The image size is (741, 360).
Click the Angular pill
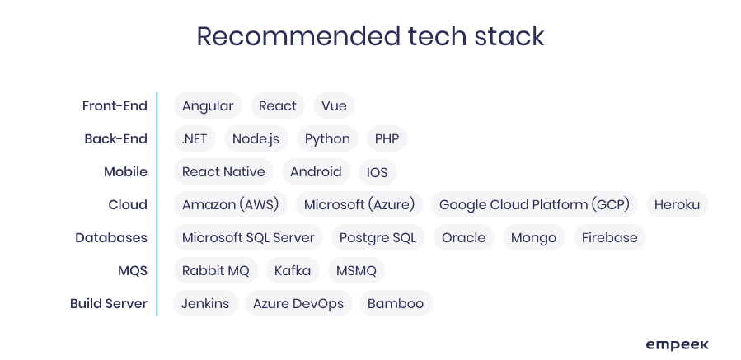(x=208, y=105)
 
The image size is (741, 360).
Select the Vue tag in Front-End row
(x=334, y=105)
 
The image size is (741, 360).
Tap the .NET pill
(x=195, y=139)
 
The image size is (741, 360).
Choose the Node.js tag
(x=256, y=139)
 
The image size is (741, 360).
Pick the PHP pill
(x=387, y=139)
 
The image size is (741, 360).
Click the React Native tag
(x=223, y=172)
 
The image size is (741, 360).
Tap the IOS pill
(x=378, y=172)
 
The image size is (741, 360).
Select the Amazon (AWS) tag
(x=231, y=204)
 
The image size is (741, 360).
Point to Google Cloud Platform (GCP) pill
(x=534, y=204)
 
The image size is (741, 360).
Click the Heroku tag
(x=678, y=204)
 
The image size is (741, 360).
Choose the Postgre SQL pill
(x=378, y=237)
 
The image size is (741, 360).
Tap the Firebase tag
(x=610, y=237)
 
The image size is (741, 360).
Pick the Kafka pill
(x=293, y=271)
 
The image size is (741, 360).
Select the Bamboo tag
(x=396, y=303)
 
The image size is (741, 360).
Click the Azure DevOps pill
(x=298, y=303)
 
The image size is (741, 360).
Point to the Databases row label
(x=111, y=237)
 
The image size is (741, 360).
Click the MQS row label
(x=133, y=271)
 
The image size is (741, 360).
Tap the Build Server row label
(x=109, y=303)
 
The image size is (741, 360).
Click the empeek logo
(x=678, y=345)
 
